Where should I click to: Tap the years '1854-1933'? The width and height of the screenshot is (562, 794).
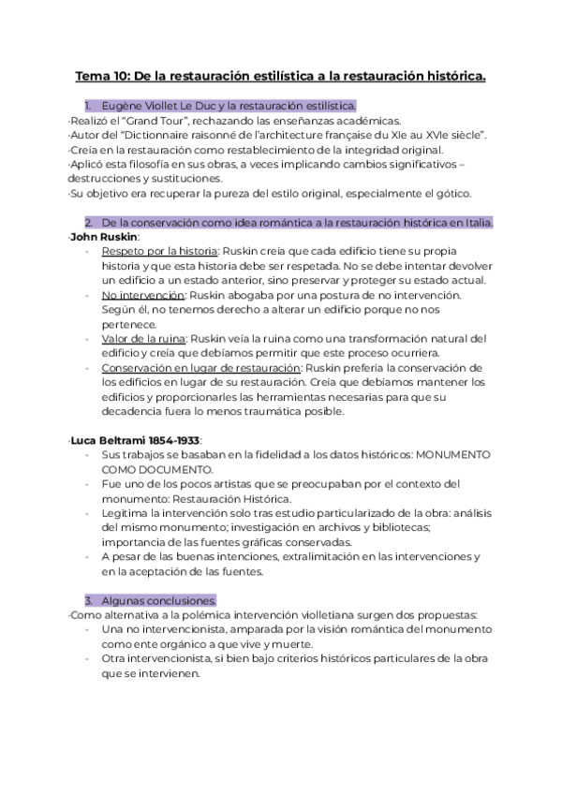(x=177, y=439)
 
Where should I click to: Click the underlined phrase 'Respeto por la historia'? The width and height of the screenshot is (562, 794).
(x=159, y=251)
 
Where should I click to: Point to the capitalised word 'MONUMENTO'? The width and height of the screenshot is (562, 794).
(x=453, y=454)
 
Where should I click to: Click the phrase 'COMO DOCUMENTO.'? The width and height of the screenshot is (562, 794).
(x=144, y=468)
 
